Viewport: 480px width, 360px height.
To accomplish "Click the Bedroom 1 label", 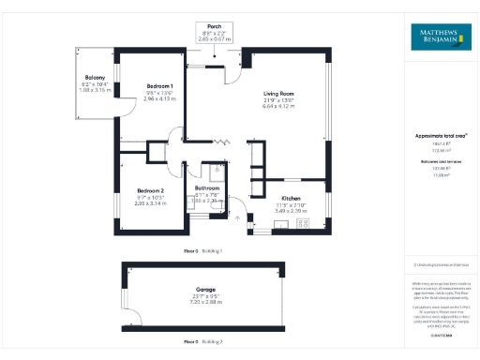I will click(x=161, y=86).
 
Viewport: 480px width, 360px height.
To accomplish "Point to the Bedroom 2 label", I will click(x=149, y=191).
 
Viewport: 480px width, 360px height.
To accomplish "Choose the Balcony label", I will click(x=92, y=79).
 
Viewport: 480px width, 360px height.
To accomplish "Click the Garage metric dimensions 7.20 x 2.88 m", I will click(x=205, y=302).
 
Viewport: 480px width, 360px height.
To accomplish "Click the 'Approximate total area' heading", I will click(x=440, y=136).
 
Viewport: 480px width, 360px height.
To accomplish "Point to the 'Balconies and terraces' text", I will click(x=440, y=161).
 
